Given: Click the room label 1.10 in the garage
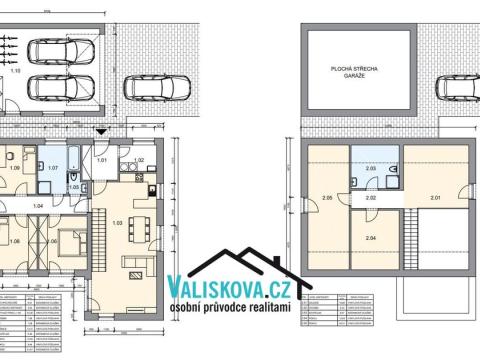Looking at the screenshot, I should pos(15,72).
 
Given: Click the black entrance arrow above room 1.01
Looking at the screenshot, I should pos(101,131).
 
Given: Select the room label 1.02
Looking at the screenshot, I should pos(139,160).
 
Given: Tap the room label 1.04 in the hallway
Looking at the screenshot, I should pos(38,205).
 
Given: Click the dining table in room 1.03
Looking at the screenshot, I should pos(141,223).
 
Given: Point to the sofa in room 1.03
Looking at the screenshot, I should pos(133,262).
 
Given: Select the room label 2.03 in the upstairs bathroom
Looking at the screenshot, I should pos(370,169).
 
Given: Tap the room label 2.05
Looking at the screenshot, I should pos(326,200).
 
